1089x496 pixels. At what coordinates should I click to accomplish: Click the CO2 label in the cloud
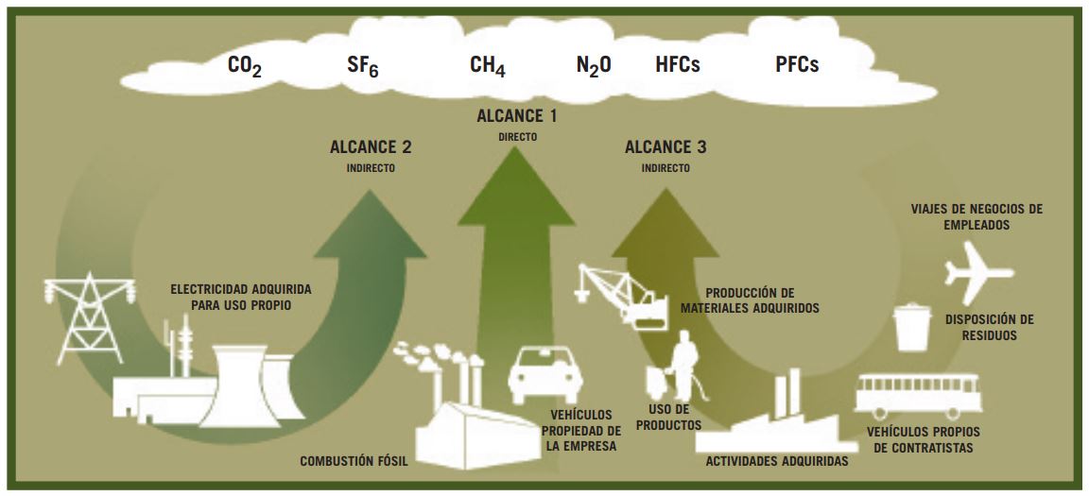pos(245,66)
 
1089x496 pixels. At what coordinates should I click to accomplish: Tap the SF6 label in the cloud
pos(363,66)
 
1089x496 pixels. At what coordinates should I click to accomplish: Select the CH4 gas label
pos(488,66)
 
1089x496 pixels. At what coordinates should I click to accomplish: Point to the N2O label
pos(594,66)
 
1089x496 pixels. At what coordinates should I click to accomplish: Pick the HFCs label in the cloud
pos(677,65)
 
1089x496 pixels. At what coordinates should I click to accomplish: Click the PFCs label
pos(797,65)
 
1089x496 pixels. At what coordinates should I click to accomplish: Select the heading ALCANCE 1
pos(517,116)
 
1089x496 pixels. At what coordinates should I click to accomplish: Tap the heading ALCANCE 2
pos(371,147)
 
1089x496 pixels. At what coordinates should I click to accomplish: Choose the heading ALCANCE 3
pos(666,147)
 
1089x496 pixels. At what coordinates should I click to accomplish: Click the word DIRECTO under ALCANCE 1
pos(517,137)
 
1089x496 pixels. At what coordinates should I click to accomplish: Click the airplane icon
pos(977,272)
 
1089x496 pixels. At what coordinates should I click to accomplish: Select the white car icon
pos(545,375)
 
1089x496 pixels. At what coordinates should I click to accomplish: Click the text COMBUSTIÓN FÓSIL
pos(354,461)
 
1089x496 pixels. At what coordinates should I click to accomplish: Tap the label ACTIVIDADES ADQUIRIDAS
pos(776,461)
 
